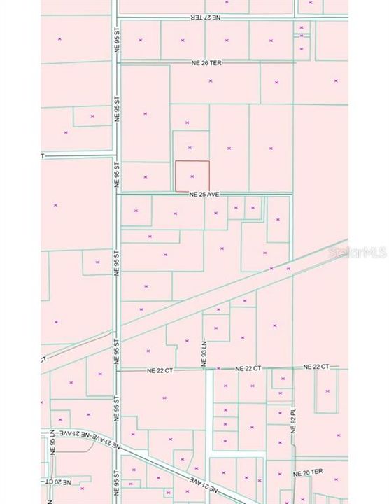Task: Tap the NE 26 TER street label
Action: [206, 63]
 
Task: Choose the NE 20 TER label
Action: [311, 474]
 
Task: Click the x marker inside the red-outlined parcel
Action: [192, 176]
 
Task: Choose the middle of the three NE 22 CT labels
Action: [248, 368]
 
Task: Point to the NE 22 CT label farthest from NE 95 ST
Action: [316, 367]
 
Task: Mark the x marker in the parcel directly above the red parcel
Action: [190, 148]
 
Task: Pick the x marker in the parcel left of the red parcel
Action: [145, 176]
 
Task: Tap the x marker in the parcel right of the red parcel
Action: [229, 148]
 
